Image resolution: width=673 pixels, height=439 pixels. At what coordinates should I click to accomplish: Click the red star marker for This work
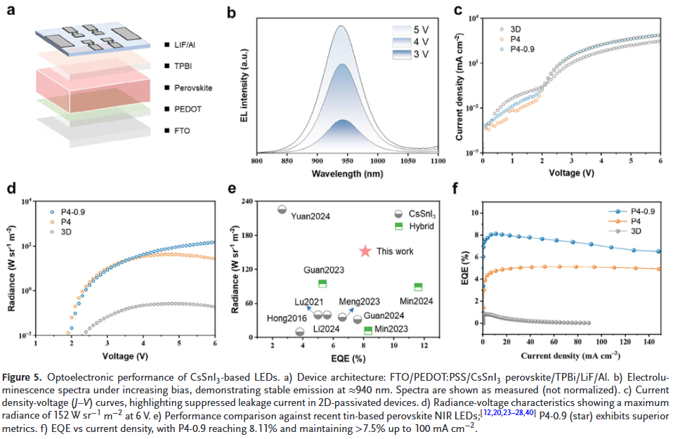click(x=365, y=251)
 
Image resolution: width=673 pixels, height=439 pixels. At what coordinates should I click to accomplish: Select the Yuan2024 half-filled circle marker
click(x=282, y=209)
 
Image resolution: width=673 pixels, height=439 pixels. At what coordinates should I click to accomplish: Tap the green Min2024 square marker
click(x=418, y=287)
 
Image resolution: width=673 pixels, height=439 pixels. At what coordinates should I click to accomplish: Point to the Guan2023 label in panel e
click(x=324, y=270)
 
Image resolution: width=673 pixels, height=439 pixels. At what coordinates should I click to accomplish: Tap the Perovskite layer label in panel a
click(x=193, y=88)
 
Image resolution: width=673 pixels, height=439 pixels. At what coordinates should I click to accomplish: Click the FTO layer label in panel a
click(x=181, y=131)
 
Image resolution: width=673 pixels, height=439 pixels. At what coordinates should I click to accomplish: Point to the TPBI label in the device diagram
click(x=182, y=66)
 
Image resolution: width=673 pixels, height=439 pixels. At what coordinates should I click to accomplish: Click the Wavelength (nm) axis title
click(x=348, y=173)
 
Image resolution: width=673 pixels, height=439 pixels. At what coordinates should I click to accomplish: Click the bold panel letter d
click(x=11, y=188)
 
